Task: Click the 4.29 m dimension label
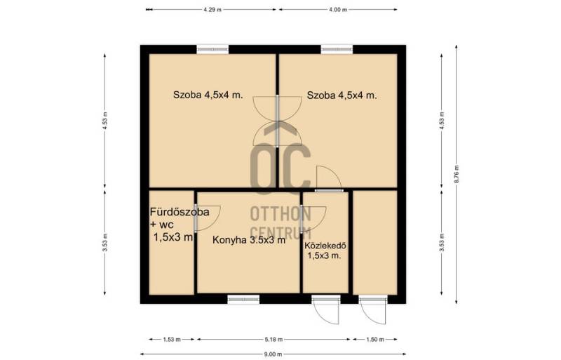coord(212,10)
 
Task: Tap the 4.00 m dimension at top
coord(338,10)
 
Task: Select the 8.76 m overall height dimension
coord(457,175)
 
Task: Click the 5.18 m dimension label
coord(273,339)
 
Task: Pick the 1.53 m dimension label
coord(172,339)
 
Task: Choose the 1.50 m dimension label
coord(375,339)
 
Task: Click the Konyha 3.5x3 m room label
coord(249,239)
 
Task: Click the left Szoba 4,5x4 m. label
coord(208,95)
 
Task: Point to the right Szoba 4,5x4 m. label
coord(342,95)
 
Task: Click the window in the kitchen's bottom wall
coord(243,299)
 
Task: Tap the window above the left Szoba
coord(212,49)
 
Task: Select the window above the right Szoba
coord(337,49)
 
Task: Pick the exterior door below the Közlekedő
coord(325,310)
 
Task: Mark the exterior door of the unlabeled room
coord(373,310)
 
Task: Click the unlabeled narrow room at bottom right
coord(375,243)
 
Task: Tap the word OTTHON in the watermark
coord(280,214)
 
